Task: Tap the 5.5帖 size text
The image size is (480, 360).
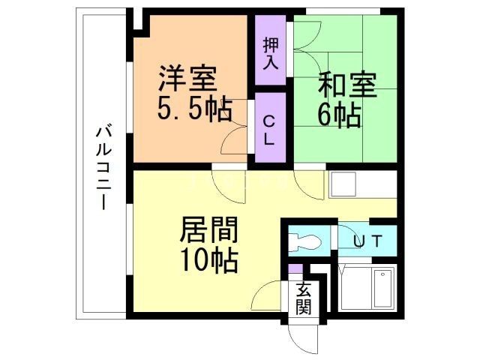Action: point(193,111)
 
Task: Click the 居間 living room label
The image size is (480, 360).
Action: point(208,230)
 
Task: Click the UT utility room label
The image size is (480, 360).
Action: point(368,241)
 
